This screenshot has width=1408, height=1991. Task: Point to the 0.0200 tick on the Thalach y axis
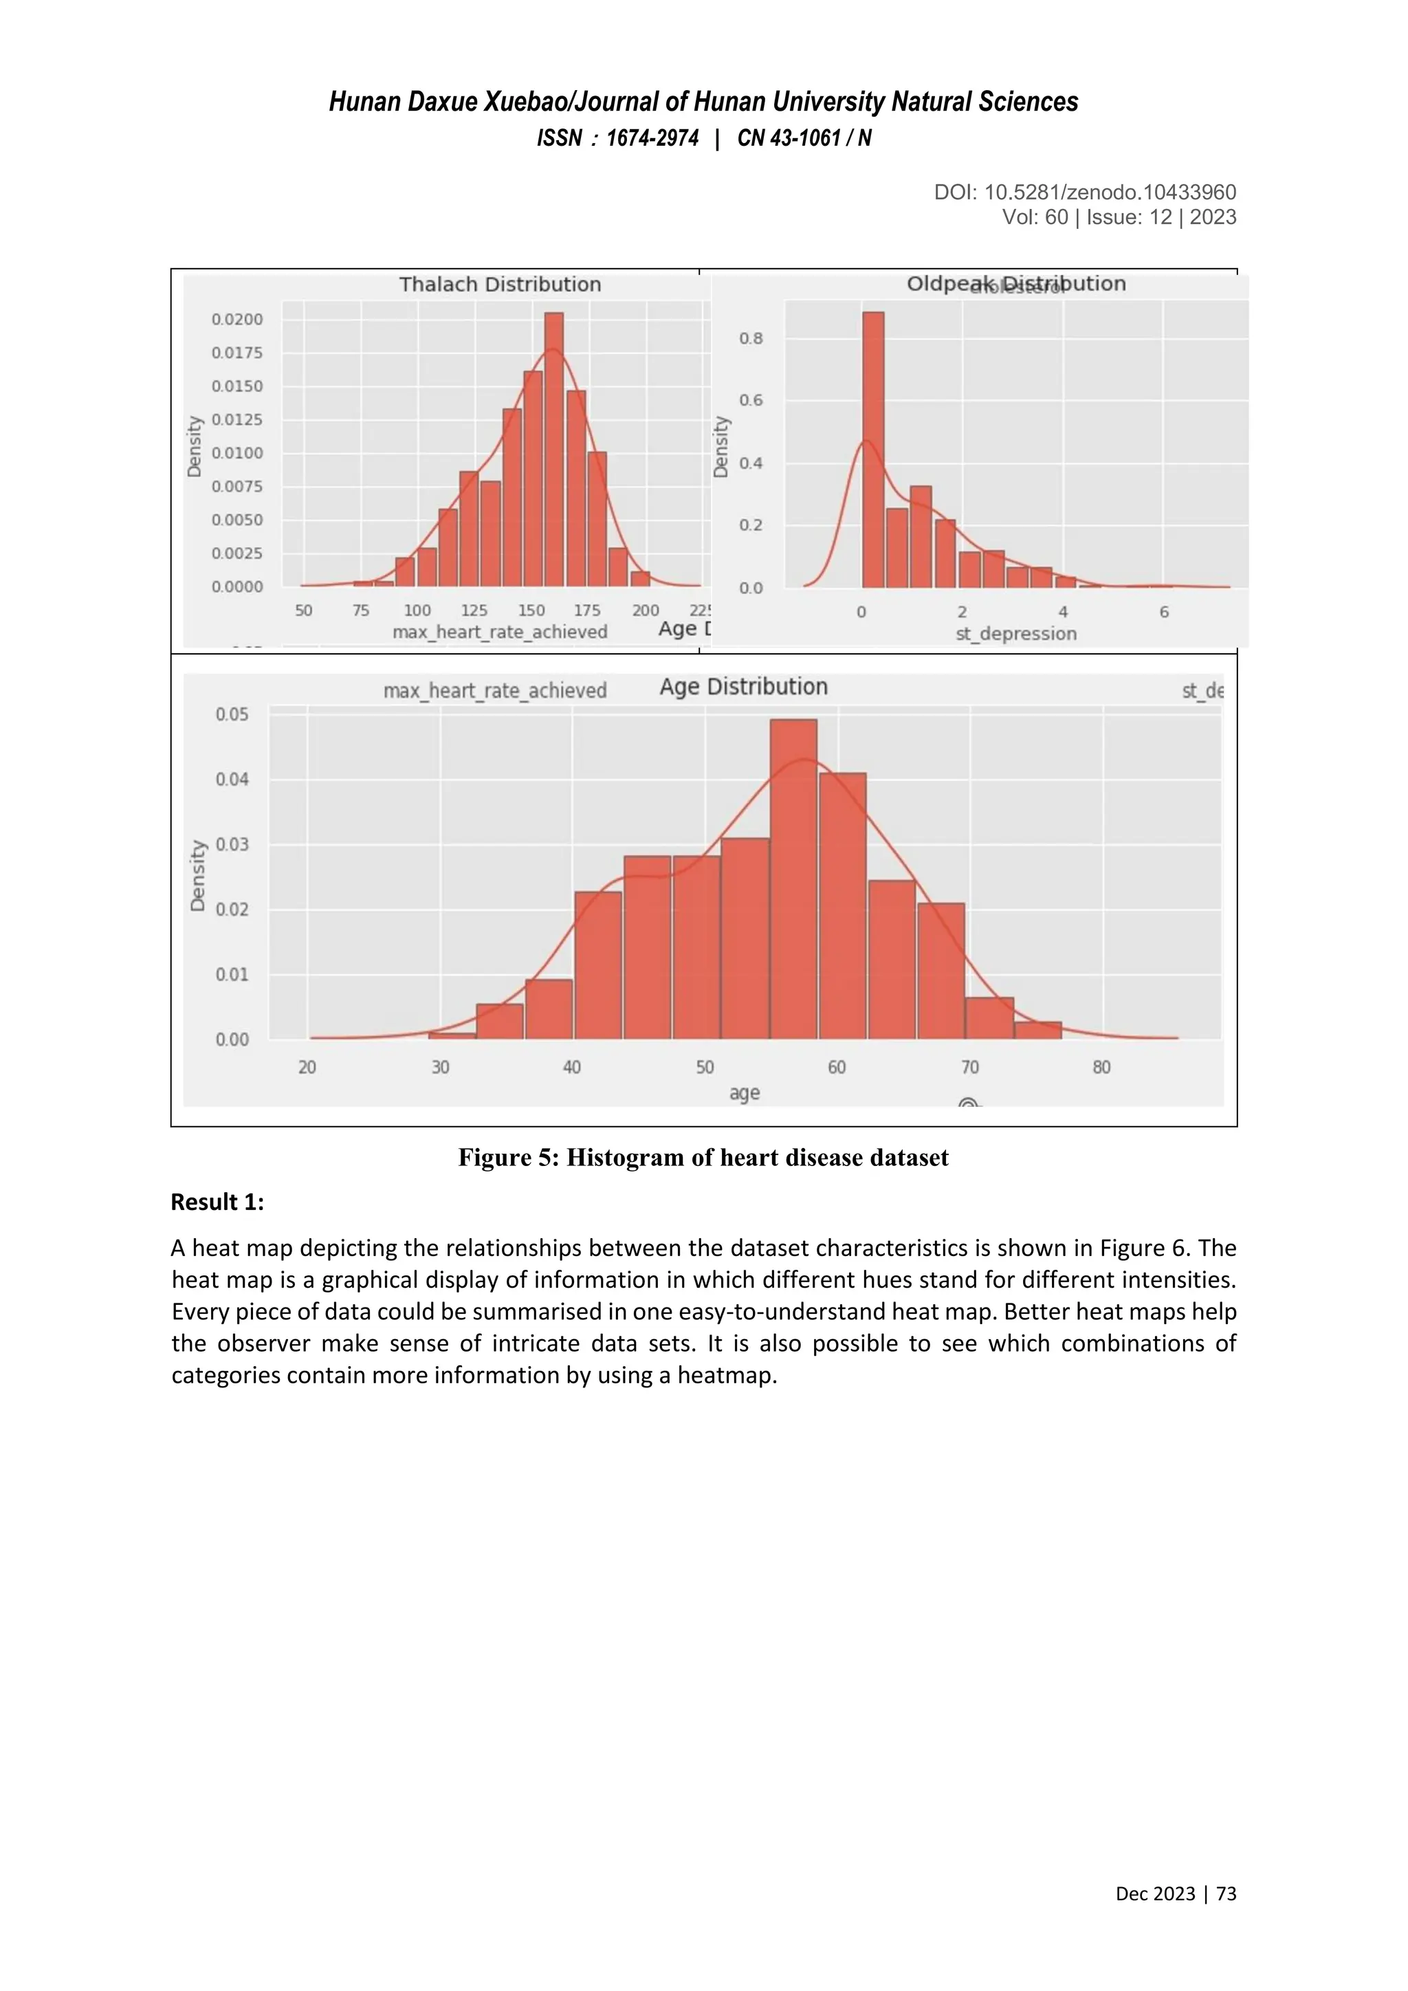[236, 319]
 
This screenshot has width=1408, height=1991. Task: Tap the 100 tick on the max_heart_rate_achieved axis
[417, 610]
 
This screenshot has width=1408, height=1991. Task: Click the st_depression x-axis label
[1015, 634]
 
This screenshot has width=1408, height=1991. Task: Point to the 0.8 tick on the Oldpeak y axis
[751, 338]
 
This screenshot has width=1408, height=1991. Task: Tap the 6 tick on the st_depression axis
[1163, 612]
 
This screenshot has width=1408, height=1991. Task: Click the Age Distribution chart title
[743, 687]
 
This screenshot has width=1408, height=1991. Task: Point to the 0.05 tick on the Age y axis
[232, 714]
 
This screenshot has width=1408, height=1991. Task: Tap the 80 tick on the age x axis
[1101, 1068]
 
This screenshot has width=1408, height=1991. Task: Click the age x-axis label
[744, 1094]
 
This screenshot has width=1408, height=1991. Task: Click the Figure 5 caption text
[703, 1158]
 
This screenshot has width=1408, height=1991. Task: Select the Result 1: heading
[218, 1202]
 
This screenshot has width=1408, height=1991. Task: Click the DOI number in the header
[1110, 192]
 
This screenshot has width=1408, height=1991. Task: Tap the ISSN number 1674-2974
[652, 139]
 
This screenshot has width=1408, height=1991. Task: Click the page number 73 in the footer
[1226, 1917]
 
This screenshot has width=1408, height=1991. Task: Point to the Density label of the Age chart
[199, 875]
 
